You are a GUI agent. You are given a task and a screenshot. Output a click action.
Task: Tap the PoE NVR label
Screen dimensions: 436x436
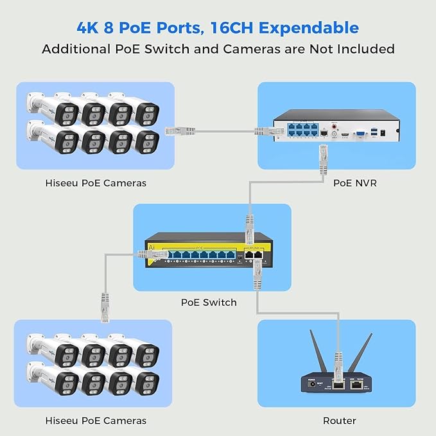coord(354,183)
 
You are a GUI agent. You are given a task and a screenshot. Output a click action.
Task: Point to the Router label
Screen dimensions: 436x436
coord(340,421)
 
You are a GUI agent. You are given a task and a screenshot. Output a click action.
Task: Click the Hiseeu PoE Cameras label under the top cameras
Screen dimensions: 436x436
coord(95,183)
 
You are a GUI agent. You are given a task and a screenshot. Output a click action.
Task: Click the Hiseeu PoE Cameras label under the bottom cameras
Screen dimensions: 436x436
coord(95,421)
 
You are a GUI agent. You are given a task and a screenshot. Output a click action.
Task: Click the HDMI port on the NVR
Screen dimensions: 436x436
coord(345,134)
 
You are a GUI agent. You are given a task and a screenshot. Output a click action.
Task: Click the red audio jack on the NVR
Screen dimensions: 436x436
coord(334,127)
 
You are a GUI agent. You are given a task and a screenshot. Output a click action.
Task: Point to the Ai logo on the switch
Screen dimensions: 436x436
coord(151,247)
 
